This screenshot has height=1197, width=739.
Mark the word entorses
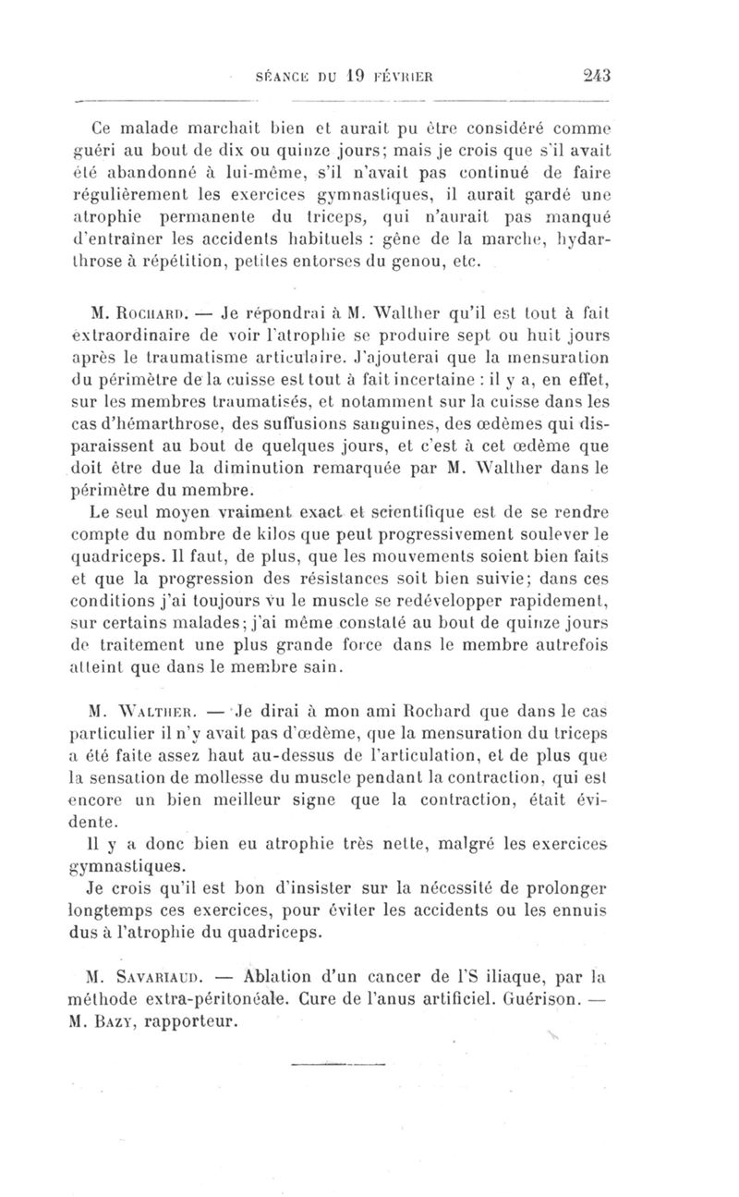pyautogui.click(x=301, y=261)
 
